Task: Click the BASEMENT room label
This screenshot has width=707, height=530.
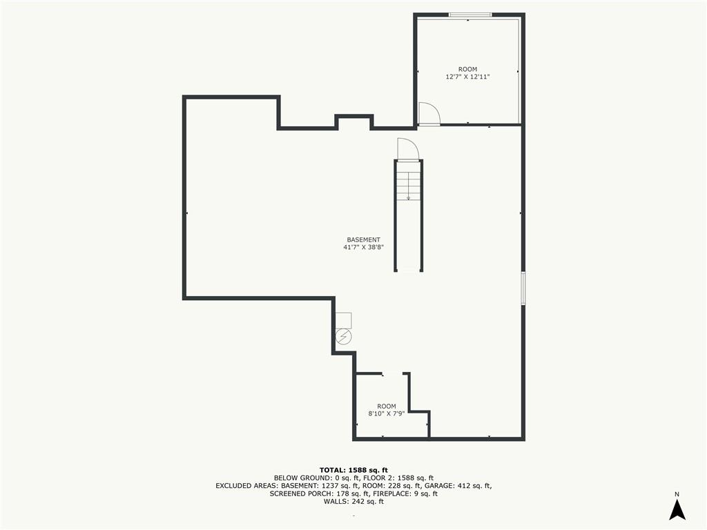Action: point(363,239)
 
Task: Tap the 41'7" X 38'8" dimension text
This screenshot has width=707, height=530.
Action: point(363,248)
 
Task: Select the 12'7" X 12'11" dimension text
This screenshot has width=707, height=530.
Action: point(467,77)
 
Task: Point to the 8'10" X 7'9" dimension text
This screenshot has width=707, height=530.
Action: point(387,413)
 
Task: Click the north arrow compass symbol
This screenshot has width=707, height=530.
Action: point(677,510)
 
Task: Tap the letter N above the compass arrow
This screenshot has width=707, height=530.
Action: point(677,494)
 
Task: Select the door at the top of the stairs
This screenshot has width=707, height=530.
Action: point(408,149)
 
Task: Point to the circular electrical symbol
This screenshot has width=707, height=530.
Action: point(344,336)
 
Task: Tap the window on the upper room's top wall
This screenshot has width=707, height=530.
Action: point(469,15)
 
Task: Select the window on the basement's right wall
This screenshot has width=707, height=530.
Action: point(523,288)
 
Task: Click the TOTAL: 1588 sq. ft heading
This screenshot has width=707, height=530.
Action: point(353,470)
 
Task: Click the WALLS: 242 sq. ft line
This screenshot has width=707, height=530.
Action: point(353,502)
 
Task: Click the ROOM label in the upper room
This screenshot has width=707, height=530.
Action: point(467,70)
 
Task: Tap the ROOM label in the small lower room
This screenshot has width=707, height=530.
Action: point(387,406)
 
